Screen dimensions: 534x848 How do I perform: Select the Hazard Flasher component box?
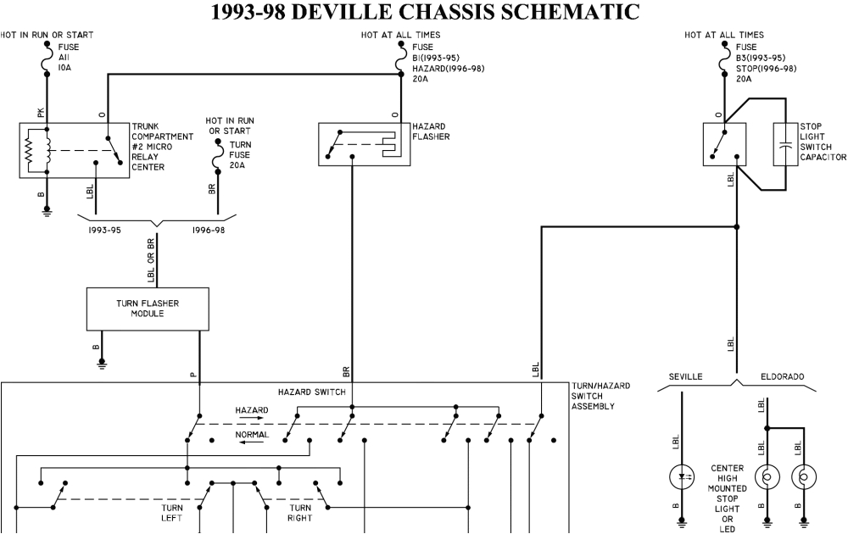point(364,142)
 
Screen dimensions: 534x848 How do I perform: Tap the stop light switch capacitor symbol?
point(785,143)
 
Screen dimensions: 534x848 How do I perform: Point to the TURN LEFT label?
point(172,513)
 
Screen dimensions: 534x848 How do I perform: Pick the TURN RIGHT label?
point(300,513)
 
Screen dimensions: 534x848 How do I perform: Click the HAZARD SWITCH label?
point(311,392)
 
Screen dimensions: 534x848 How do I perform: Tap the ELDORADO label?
point(782,376)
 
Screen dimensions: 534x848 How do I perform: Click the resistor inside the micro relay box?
point(30,149)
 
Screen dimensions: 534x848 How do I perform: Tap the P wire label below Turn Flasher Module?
point(193,374)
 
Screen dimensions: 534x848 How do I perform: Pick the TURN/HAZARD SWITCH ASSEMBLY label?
point(601,396)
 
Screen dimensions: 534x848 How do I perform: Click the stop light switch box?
point(724,143)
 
